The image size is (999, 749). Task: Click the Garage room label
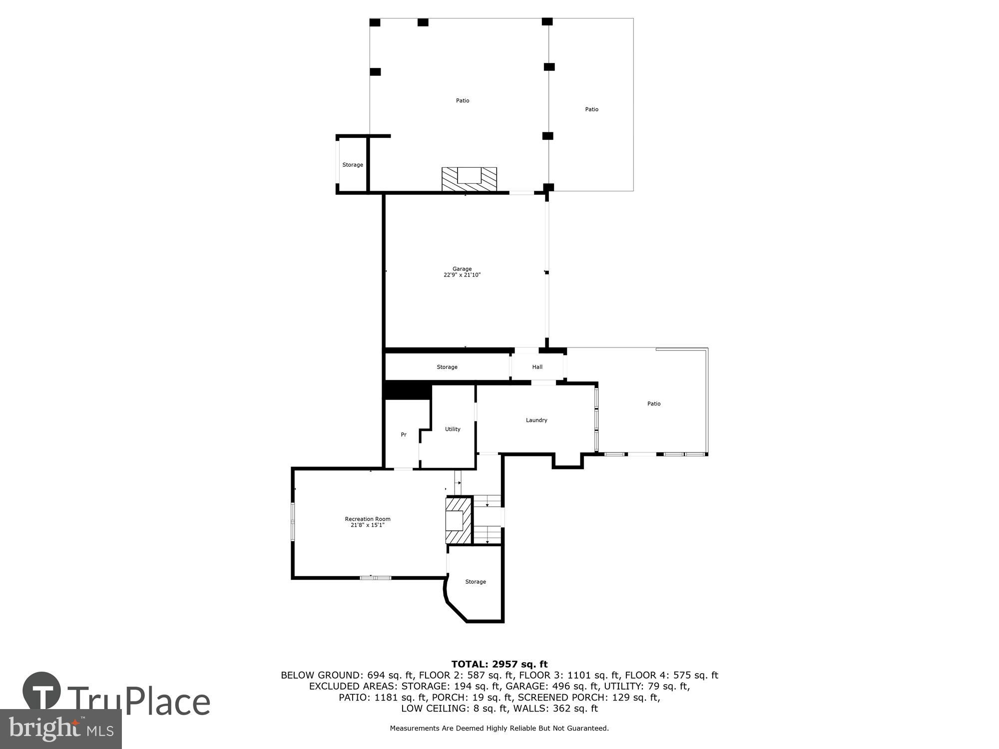click(462, 269)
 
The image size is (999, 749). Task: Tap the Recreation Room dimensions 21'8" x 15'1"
click(367, 525)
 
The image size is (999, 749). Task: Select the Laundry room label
click(536, 420)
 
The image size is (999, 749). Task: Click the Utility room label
click(453, 429)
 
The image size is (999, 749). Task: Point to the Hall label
click(537, 367)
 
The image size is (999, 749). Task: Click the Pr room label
click(404, 435)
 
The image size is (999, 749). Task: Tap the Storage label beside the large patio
click(353, 165)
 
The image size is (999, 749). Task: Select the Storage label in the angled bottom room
click(476, 582)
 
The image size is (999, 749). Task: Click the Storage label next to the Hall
click(447, 367)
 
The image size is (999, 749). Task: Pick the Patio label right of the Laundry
click(654, 404)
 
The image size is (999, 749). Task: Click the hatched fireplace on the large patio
click(469, 179)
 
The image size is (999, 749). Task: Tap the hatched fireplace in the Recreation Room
click(458, 520)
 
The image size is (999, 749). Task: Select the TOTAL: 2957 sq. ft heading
click(499, 664)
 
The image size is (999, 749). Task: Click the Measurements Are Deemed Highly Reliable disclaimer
click(499, 729)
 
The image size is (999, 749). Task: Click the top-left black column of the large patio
click(375, 22)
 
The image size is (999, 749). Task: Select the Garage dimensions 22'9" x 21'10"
click(462, 275)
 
